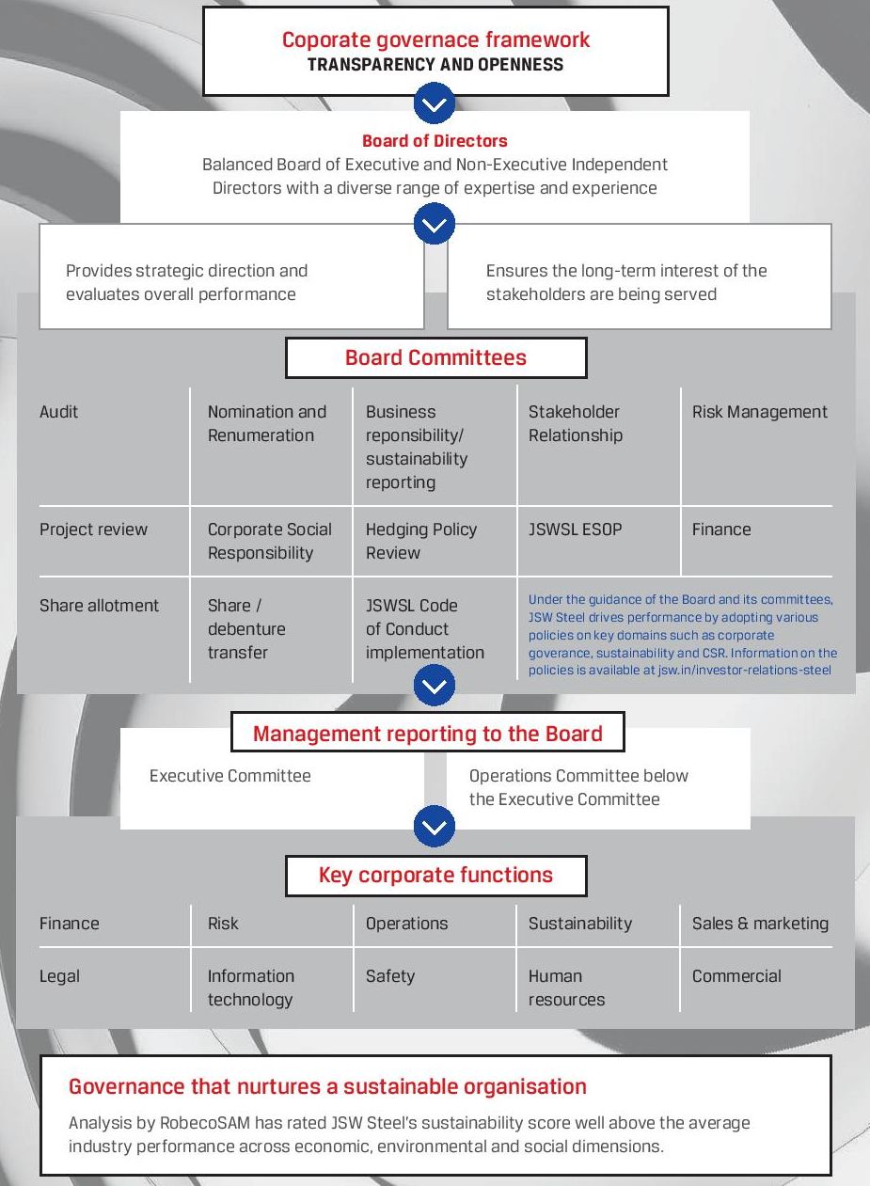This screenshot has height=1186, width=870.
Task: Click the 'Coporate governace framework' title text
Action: pyautogui.click(x=435, y=40)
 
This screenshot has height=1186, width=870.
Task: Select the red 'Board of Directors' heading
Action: pyautogui.click(x=435, y=141)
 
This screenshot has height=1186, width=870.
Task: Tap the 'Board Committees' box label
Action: pyautogui.click(x=435, y=357)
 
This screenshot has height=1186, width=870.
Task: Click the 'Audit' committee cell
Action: pyautogui.click(x=59, y=412)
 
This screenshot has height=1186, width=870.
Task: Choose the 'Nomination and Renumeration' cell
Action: pyautogui.click(x=266, y=423)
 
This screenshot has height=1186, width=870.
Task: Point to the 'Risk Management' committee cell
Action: pyautogui.click(x=759, y=412)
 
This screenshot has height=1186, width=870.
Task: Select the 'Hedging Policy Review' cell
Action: pyautogui.click(x=420, y=541)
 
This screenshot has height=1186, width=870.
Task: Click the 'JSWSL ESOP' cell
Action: pyautogui.click(x=575, y=530)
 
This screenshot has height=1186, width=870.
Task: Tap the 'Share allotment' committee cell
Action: pyautogui.click(x=99, y=606)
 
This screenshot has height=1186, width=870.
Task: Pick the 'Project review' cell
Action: pyautogui.click(x=93, y=530)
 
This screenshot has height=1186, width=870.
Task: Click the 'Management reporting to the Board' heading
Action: pyautogui.click(x=427, y=734)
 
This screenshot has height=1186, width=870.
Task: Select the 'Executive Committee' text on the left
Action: pyautogui.click(x=229, y=776)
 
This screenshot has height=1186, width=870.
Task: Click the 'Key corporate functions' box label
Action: pyautogui.click(x=435, y=875)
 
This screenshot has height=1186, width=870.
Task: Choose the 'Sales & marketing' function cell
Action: pyautogui.click(x=760, y=924)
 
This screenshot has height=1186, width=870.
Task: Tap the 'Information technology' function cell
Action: pyautogui.click(x=250, y=988)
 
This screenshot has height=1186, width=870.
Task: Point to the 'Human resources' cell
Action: pyautogui.click(x=565, y=988)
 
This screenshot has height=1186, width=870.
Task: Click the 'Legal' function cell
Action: pyautogui.click(x=59, y=976)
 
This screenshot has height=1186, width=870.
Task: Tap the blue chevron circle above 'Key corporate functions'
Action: pyautogui.click(x=434, y=828)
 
